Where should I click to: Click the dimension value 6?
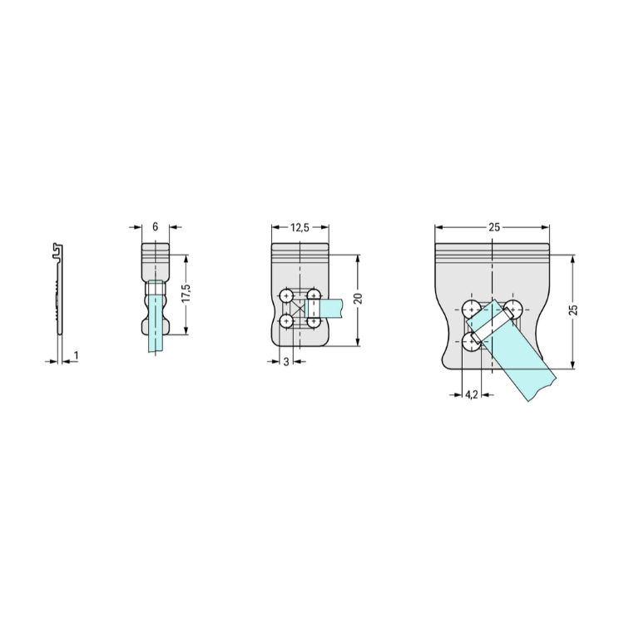point(156,226)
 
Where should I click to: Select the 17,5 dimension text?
point(186,294)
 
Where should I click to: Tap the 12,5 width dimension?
point(300,227)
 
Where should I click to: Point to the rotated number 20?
point(358,298)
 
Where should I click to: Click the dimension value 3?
point(286,362)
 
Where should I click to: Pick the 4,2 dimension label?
point(471,394)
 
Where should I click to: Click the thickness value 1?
point(77,355)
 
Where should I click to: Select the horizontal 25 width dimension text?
point(494,227)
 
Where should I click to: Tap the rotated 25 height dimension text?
point(573,310)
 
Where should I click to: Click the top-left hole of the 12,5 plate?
point(286,296)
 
